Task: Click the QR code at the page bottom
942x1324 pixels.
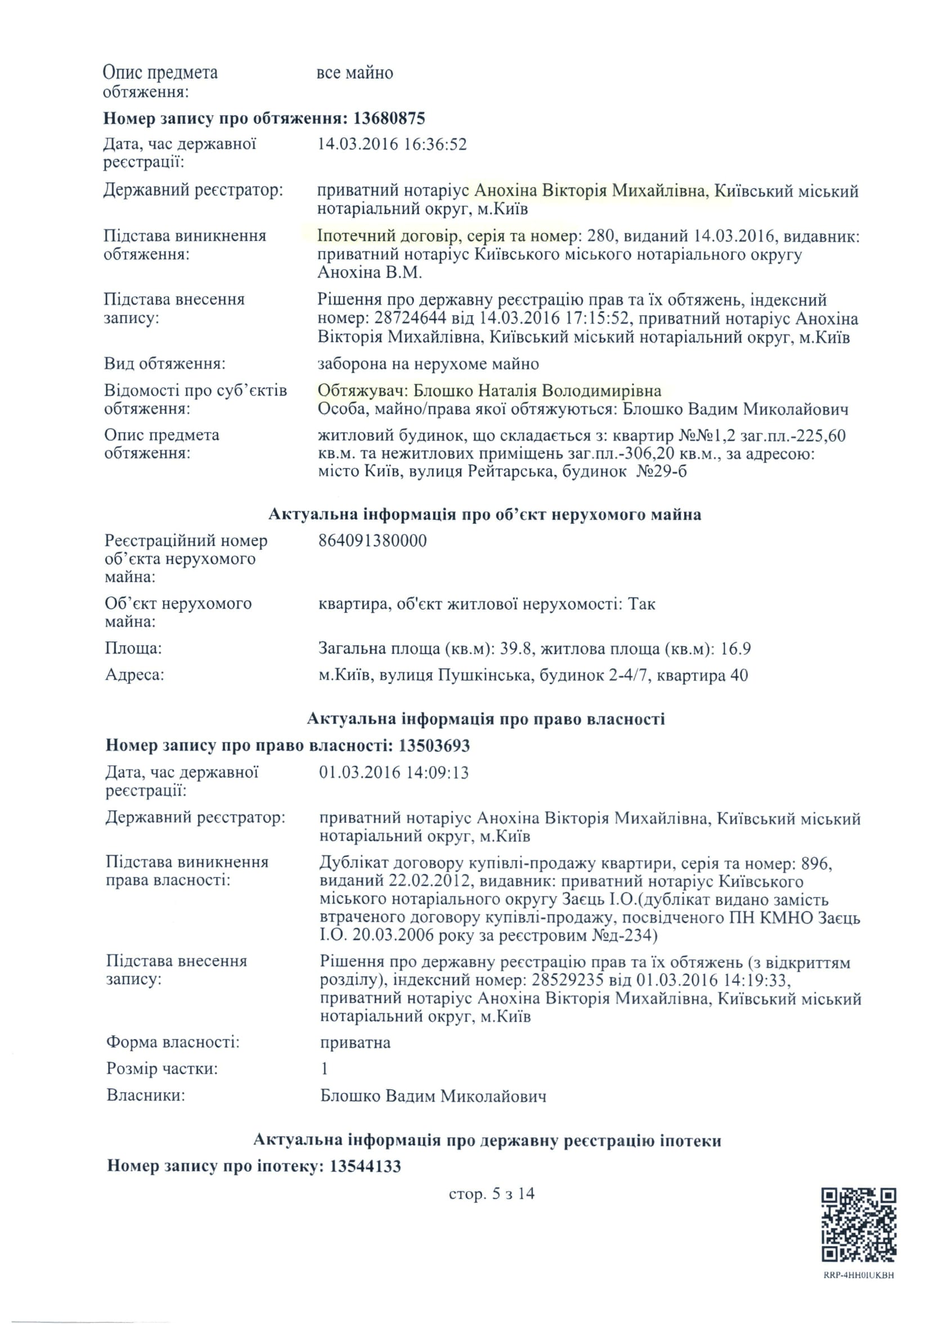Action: [x=859, y=1224]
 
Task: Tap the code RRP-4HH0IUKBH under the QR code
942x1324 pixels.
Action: [x=859, y=1275]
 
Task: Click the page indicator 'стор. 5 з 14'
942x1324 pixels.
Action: [x=491, y=1193]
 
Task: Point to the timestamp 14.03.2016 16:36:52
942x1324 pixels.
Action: [x=392, y=144]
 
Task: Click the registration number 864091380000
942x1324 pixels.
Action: [x=373, y=541]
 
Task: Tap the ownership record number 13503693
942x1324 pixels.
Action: [x=434, y=745]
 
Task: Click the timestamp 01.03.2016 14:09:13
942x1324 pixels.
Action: [x=393, y=773]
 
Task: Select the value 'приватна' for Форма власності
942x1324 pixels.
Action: [x=355, y=1043]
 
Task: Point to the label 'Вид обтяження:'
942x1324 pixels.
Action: [x=165, y=363]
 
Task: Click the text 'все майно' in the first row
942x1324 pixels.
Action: [x=355, y=73]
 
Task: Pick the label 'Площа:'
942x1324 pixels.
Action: [x=133, y=648]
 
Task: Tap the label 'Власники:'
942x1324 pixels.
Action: [x=146, y=1096]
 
